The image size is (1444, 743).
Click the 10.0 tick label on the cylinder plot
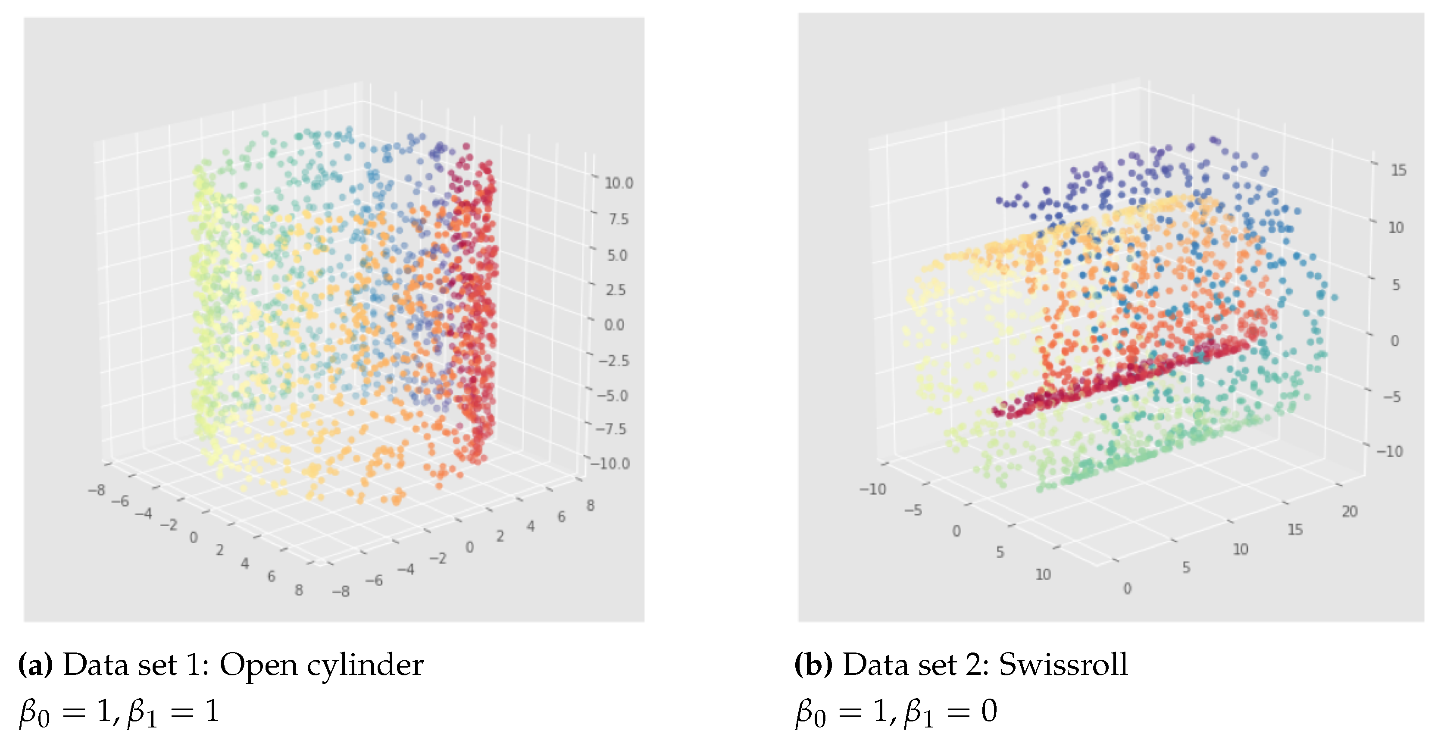(618, 183)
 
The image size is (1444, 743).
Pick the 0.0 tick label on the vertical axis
(614, 325)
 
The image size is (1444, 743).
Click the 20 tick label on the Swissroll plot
(1349, 512)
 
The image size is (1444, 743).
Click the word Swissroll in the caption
(1063, 665)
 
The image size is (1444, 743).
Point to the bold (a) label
(35, 665)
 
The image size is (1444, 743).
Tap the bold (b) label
(813, 665)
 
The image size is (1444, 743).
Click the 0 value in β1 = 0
(989, 712)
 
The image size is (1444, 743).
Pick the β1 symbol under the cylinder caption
(142, 713)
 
